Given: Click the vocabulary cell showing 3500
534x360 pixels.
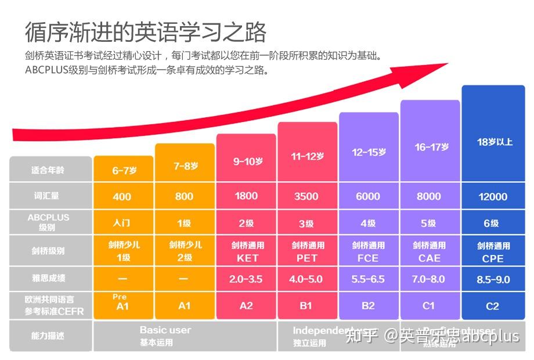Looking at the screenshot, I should (x=306, y=196).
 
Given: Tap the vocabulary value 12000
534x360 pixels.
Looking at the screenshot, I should (x=493, y=197).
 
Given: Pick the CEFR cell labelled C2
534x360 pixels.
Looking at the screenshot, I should (x=493, y=306).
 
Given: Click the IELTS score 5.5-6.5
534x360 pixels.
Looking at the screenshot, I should (x=368, y=279).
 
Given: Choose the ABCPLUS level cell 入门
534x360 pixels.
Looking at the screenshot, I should (x=122, y=222).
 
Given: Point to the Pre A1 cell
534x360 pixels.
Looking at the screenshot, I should (x=122, y=303).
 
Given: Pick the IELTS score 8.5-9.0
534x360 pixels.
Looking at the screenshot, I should (x=493, y=279).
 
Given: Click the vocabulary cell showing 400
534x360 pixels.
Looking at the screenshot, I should (x=122, y=197).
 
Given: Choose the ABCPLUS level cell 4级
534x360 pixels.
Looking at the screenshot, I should (x=368, y=223).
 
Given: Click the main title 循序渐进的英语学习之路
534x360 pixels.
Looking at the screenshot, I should (x=146, y=32).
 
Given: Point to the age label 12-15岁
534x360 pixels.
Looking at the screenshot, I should (x=369, y=152).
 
